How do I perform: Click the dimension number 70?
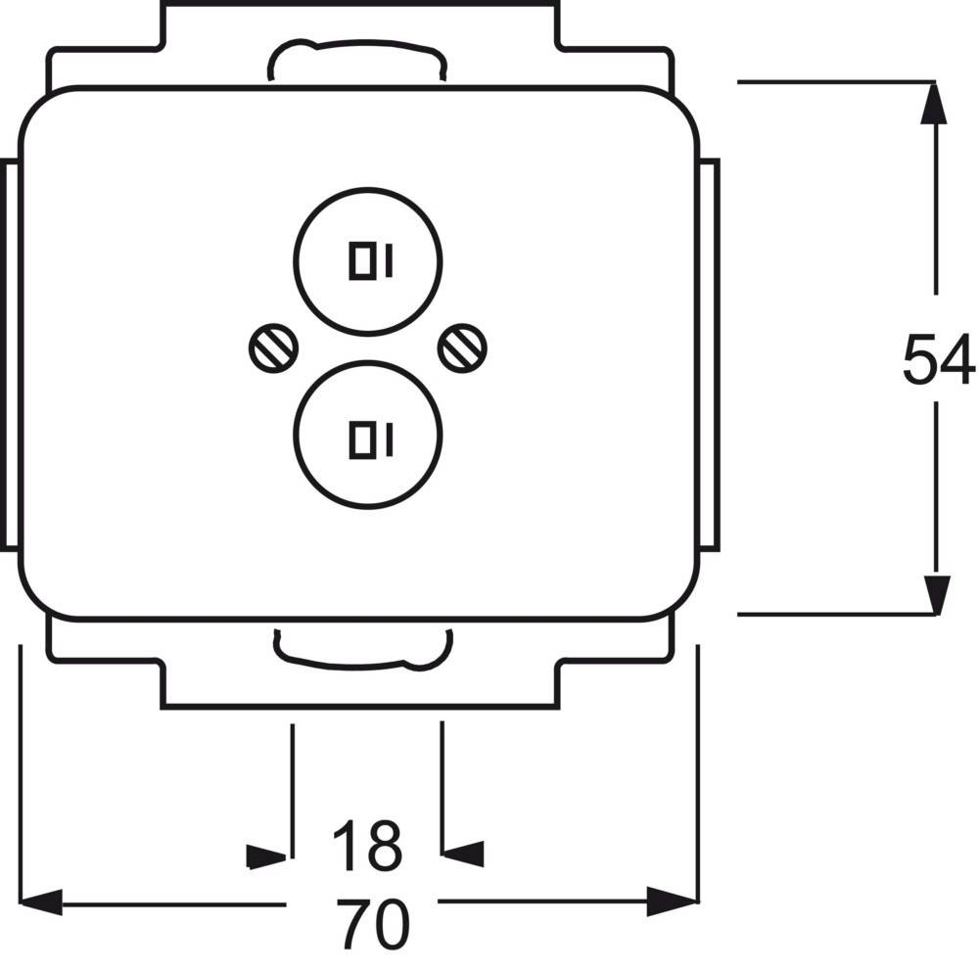[x=373, y=924]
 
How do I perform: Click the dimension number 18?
[x=366, y=846]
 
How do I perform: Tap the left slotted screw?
[x=273, y=349]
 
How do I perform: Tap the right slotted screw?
[x=462, y=349]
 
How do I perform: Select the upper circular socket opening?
[x=368, y=188]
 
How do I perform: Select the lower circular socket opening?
[x=368, y=360]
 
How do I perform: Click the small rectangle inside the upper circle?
[x=362, y=260]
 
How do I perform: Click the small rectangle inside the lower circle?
[x=362, y=440]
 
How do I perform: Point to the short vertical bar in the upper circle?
[x=390, y=260]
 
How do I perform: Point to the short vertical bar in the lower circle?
[x=390, y=440]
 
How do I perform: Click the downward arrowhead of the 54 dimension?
[x=936, y=595]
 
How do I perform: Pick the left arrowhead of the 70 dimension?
[x=41, y=902]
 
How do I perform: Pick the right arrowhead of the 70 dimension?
[x=672, y=902]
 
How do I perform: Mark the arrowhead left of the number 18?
[x=266, y=856]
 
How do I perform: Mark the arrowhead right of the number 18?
[x=463, y=854]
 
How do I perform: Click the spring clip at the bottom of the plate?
[x=363, y=661]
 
